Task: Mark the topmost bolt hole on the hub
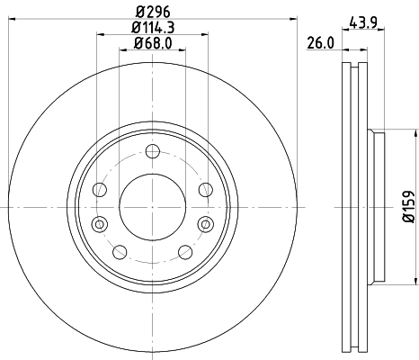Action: tap(151, 150)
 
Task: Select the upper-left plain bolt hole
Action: tap(99, 190)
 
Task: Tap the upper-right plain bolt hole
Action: tap(204, 190)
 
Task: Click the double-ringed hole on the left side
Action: tap(99, 223)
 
